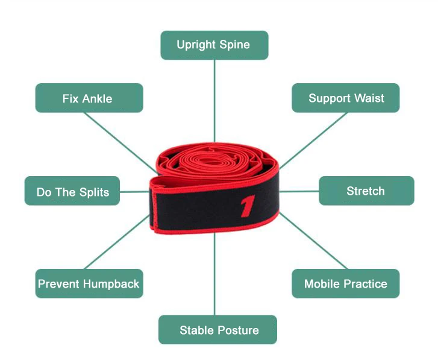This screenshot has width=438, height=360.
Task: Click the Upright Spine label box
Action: click(214, 45)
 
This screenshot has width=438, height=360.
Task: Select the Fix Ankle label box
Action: click(89, 98)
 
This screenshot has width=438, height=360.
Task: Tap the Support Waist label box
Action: click(345, 98)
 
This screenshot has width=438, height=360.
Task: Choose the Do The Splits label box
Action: click(72, 191)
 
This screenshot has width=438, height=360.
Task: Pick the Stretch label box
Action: click(366, 191)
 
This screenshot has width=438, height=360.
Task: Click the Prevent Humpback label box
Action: click(89, 283)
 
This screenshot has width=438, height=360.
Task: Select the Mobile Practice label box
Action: click(345, 283)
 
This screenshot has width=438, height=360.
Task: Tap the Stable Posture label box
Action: click(218, 330)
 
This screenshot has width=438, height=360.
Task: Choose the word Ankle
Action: click(98, 98)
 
